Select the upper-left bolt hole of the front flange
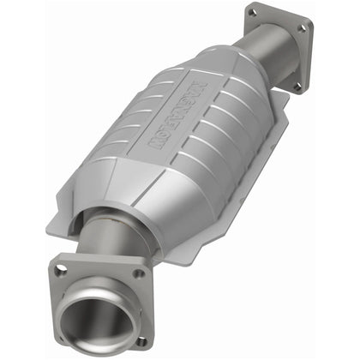(61, 270)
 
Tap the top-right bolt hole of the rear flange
(301, 28)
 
